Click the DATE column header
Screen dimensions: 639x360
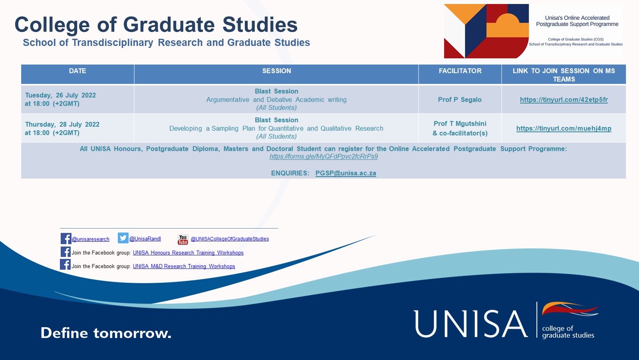coord(77,71)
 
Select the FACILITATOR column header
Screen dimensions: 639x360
coord(460,71)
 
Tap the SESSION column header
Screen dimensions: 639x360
coord(276,71)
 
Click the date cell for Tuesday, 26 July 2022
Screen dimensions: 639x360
coord(60,99)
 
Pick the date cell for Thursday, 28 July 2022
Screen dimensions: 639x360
coord(62,129)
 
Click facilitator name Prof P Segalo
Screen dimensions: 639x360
coord(460,99)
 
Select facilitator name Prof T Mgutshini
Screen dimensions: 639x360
coord(460,123)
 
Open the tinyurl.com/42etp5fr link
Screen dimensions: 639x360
coord(564,99)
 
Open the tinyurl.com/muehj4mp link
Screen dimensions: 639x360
coord(564,129)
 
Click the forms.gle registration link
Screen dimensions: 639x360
coord(323,157)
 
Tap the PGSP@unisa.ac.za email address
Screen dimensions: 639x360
coord(346,173)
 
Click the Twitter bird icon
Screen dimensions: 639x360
coord(123,238)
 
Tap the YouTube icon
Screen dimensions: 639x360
coord(183,239)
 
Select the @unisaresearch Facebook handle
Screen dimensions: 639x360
coord(90,239)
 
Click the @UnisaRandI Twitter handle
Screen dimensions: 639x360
coord(145,239)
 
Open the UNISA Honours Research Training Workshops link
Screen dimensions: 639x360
coord(188,253)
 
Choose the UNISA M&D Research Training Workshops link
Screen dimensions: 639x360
coord(184,267)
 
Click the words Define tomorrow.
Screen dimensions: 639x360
coord(106,333)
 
